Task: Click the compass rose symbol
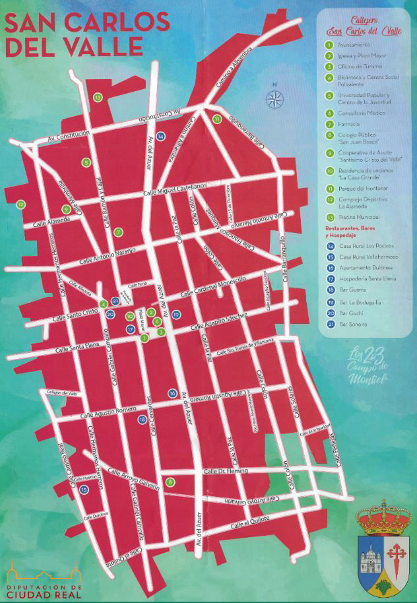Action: tap(273, 98)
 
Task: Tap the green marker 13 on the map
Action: tap(98, 98)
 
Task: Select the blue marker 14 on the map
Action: tap(161, 136)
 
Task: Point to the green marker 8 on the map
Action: tap(170, 482)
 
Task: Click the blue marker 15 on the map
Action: tap(84, 490)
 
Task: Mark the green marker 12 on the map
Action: tap(21, 205)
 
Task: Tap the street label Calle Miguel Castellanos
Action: tap(174, 189)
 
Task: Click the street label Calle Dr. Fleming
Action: tap(226, 471)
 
